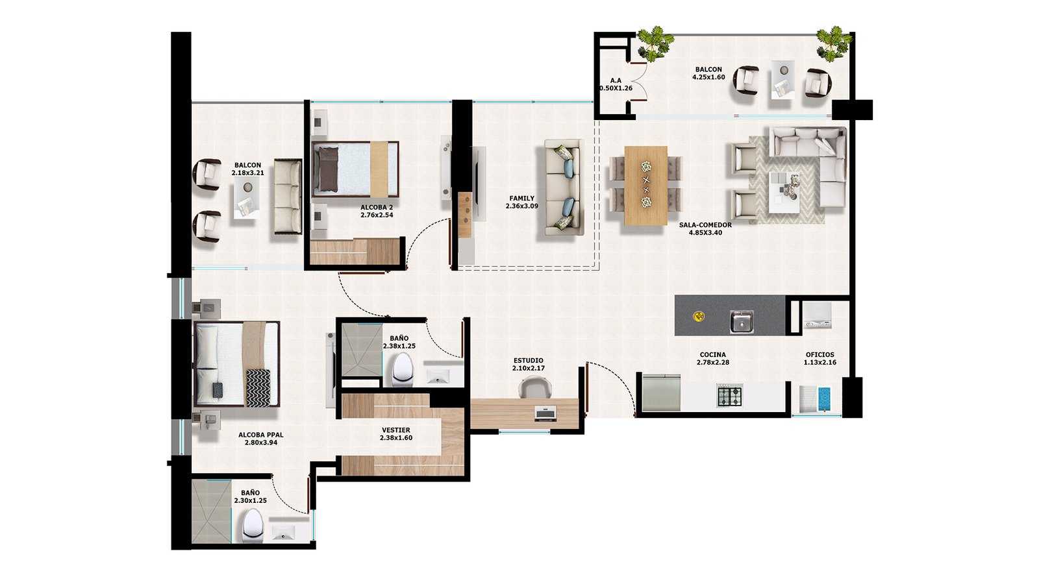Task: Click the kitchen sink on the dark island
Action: [x=741, y=321]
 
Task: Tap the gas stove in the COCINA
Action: [x=730, y=396]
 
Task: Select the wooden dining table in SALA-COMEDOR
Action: [x=645, y=186]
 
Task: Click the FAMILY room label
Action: [x=522, y=199]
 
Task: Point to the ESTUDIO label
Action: [x=529, y=361]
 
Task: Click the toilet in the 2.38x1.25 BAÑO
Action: [x=402, y=370]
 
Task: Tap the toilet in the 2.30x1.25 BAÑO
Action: [x=253, y=526]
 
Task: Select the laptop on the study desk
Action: [x=545, y=413]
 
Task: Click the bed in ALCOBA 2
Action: [x=355, y=169]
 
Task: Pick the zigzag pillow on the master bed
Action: [x=258, y=387]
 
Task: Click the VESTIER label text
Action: [x=395, y=430]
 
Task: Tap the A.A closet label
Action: [x=616, y=80]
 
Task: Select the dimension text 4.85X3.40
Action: [x=705, y=233]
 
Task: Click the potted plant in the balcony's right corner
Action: [x=834, y=43]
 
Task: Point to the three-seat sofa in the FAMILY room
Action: [x=562, y=187]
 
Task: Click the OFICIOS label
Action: [x=820, y=354]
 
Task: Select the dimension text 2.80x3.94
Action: [x=260, y=443]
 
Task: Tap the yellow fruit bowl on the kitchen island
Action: [x=699, y=317]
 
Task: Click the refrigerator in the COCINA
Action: [x=662, y=393]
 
